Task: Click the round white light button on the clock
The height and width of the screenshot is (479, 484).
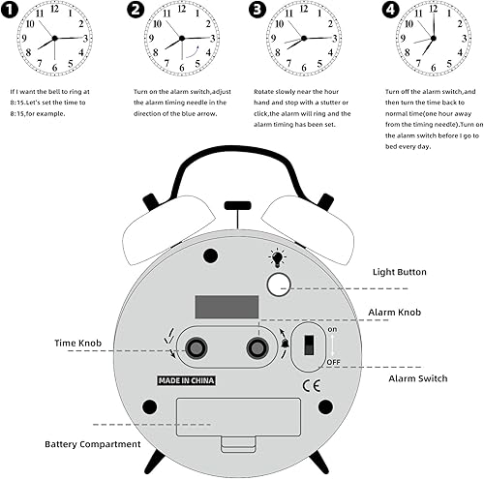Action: pyautogui.click(x=279, y=284)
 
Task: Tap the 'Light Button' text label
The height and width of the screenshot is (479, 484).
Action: pyautogui.click(x=399, y=273)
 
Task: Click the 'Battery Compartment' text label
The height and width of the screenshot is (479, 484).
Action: pyautogui.click(x=90, y=445)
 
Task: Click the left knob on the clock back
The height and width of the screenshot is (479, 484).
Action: pyautogui.click(x=197, y=346)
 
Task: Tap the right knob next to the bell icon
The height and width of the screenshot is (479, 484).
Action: pyautogui.click(x=258, y=346)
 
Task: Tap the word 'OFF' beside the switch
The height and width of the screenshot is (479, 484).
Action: pyautogui.click(x=333, y=361)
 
